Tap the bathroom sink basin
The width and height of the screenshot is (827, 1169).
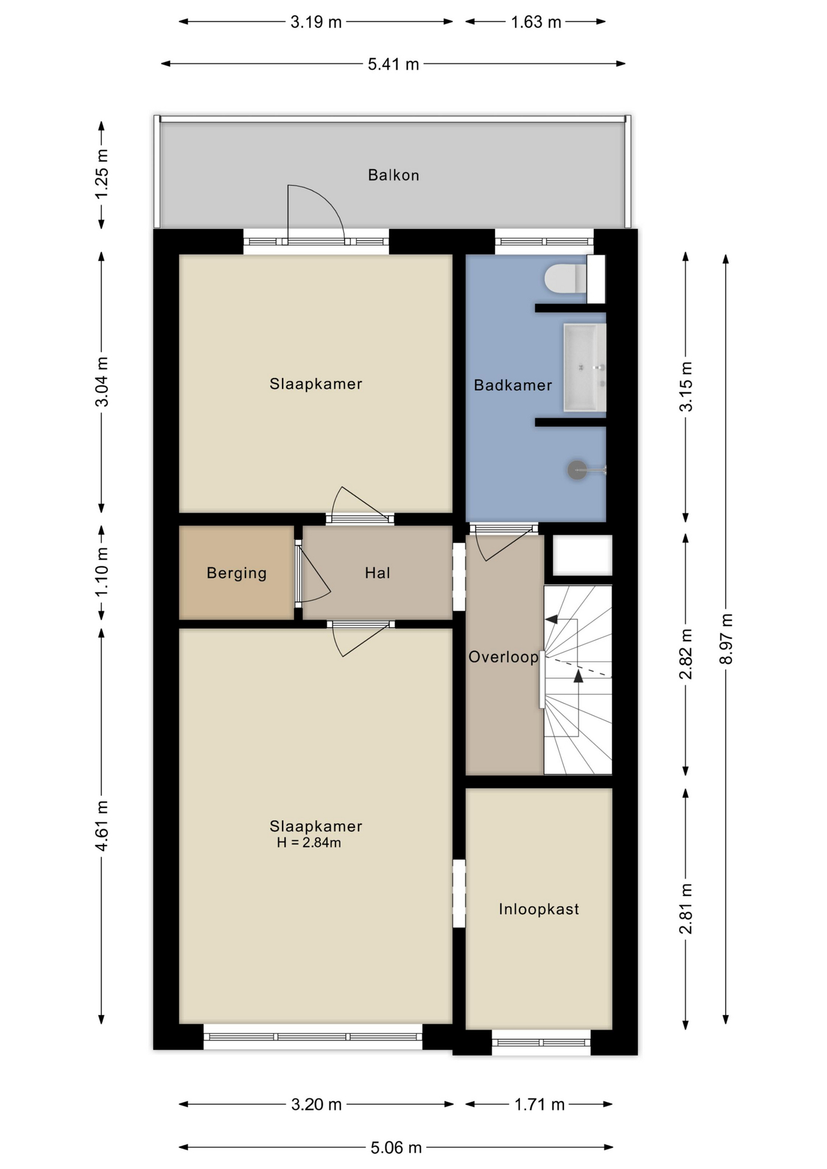tap(585, 367)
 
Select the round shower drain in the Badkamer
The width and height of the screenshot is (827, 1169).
tap(577, 469)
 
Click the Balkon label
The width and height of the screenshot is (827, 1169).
tap(393, 175)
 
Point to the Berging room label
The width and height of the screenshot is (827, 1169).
tap(236, 573)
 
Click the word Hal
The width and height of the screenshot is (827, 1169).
tap(378, 572)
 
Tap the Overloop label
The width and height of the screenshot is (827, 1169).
tap(503, 657)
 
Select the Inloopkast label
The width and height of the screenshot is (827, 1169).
tap(539, 909)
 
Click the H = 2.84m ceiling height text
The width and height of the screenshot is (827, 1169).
tap(309, 843)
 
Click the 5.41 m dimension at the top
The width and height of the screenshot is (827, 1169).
tap(393, 64)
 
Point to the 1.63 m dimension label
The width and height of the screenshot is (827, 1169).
tap(536, 22)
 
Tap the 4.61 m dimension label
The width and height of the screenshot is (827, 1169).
tap(102, 826)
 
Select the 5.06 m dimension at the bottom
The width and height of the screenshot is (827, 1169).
tap(396, 1148)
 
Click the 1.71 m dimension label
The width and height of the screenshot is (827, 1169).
tap(540, 1104)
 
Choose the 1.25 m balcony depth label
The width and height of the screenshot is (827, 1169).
tap(102, 174)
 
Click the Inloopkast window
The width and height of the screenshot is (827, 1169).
tap(541, 1042)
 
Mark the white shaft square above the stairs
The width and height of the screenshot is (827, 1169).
tap(582, 555)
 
